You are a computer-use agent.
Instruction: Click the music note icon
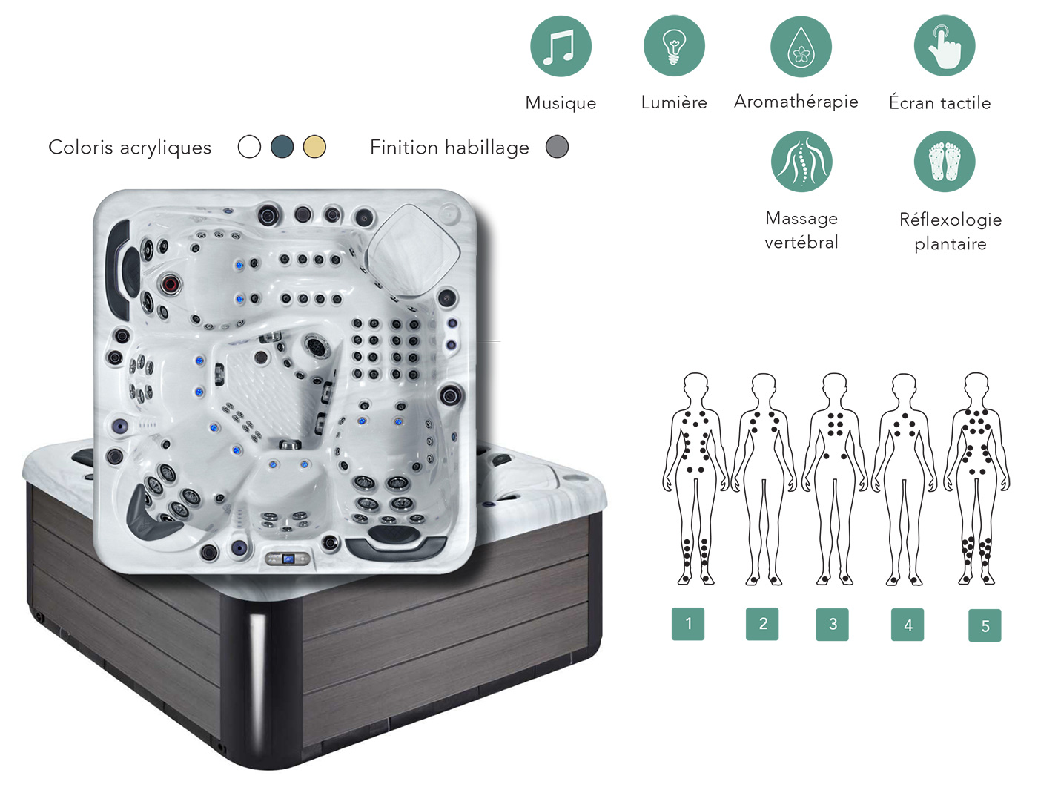pyautogui.click(x=561, y=46)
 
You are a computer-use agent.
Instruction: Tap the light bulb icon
pyautogui.click(x=674, y=46)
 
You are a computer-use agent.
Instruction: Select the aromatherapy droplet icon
pyautogui.click(x=801, y=47)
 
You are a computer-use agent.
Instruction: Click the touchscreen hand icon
pyautogui.click(x=945, y=45)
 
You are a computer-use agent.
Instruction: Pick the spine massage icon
pyautogui.click(x=801, y=161)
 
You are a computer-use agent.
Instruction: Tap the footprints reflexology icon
pyautogui.click(x=945, y=161)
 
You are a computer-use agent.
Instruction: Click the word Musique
pyautogui.click(x=561, y=103)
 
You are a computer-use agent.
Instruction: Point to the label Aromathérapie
pyautogui.click(x=796, y=102)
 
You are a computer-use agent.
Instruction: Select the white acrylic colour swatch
pyautogui.click(x=249, y=147)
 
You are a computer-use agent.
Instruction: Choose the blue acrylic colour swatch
pyautogui.click(x=282, y=147)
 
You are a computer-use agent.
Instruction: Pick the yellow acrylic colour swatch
pyautogui.click(x=314, y=147)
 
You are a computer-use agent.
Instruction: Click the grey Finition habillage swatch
pyautogui.click(x=557, y=147)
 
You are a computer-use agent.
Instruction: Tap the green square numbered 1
pyautogui.click(x=688, y=624)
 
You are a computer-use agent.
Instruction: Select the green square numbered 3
pyautogui.click(x=833, y=625)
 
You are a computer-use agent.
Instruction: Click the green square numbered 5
pyautogui.click(x=985, y=625)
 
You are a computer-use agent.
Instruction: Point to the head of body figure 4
pyautogui.click(x=904, y=386)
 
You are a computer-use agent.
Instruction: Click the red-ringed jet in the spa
pyautogui.click(x=171, y=284)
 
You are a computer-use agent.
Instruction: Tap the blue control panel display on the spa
pyautogui.click(x=288, y=559)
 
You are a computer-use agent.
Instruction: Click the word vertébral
pyautogui.click(x=801, y=243)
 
